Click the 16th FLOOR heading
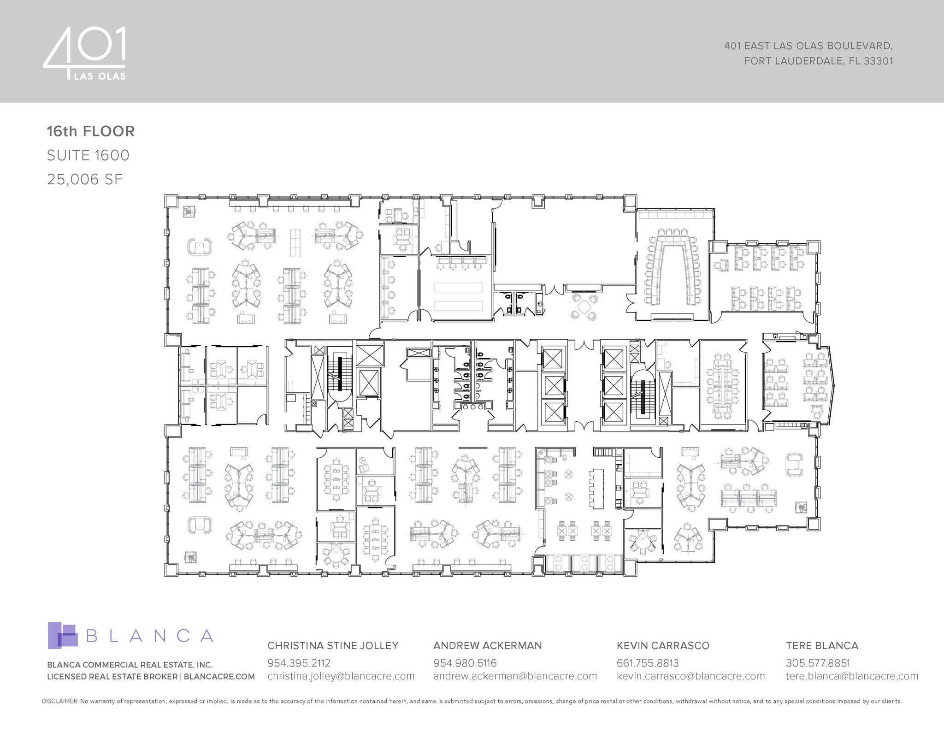(x=91, y=131)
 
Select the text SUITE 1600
(x=88, y=155)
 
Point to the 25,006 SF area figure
(x=85, y=179)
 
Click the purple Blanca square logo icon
(x=62, y=635)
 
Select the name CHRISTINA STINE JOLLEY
(x=333, y=645)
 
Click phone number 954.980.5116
(x=465, y=663)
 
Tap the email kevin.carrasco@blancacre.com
(x=690, y=676)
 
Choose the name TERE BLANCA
(x=822, y=645)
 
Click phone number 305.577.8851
(x=818, y=663)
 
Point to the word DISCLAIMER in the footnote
(x=60, y=701)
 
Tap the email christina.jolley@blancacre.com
(x=341, y=676)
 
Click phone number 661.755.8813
(x=648, y=663)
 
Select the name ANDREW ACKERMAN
(x=487, y=645)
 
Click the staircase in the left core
(x=340, y=376)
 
